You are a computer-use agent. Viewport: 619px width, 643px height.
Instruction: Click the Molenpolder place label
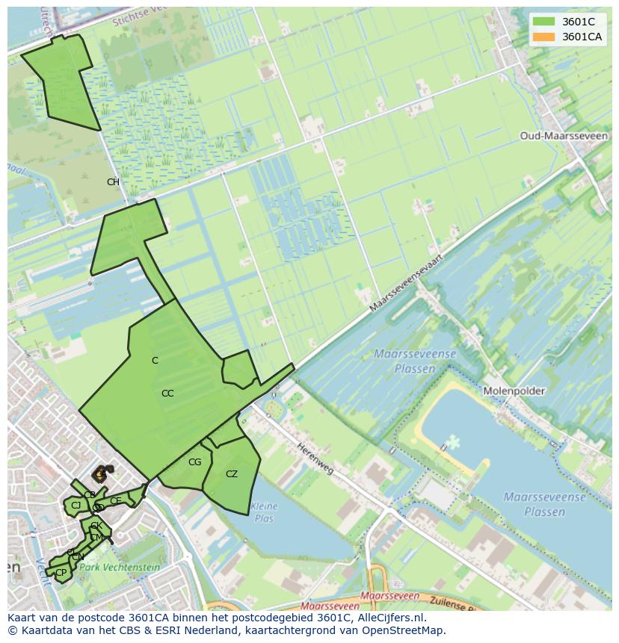click(514, 391)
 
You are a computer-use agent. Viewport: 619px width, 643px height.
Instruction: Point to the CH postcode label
click(113, 182)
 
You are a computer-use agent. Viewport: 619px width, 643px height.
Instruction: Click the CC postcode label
click(167, 394)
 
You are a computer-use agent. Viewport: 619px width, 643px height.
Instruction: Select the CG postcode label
click(194, 462)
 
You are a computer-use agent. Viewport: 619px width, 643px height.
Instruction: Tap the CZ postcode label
click(232, 474)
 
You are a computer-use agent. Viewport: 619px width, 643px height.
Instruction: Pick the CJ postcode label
click(76, 506)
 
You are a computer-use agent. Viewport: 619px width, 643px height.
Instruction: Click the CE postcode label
click(115, 500)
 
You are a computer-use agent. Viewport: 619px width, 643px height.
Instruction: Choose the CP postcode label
click(61, 573)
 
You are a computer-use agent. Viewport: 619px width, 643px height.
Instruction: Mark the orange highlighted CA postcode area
click(99, 473)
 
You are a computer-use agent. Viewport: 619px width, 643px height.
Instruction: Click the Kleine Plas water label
click(264, 512)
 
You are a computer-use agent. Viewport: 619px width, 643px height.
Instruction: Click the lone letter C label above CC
click(155, 361)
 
